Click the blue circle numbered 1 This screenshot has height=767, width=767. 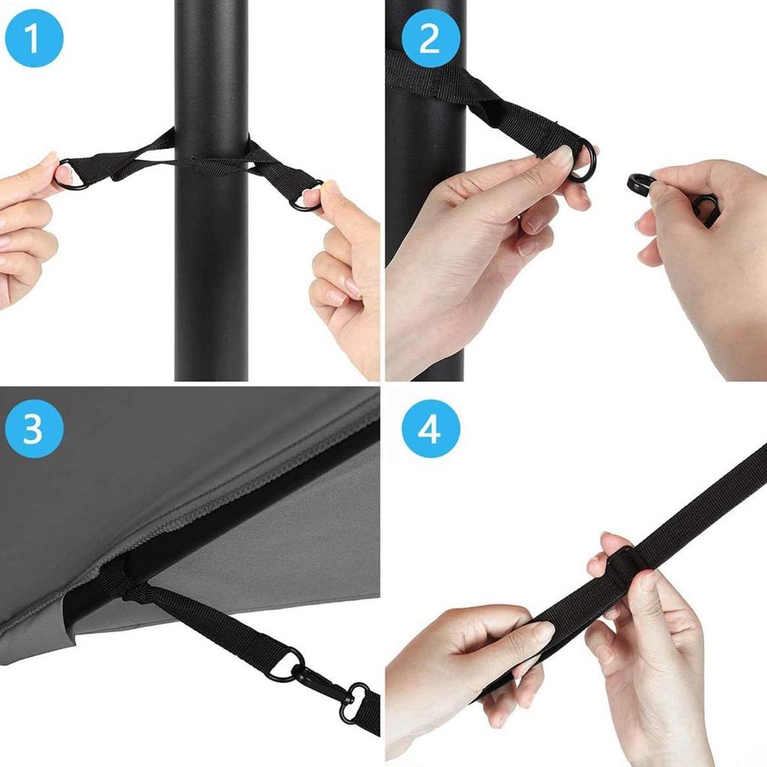click(x=34, y=38)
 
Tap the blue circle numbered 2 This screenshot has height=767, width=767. click(x=429, y=38)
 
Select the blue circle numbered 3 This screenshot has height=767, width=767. click(x=34, y=429)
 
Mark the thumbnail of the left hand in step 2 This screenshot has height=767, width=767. click(x=562, y=157)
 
